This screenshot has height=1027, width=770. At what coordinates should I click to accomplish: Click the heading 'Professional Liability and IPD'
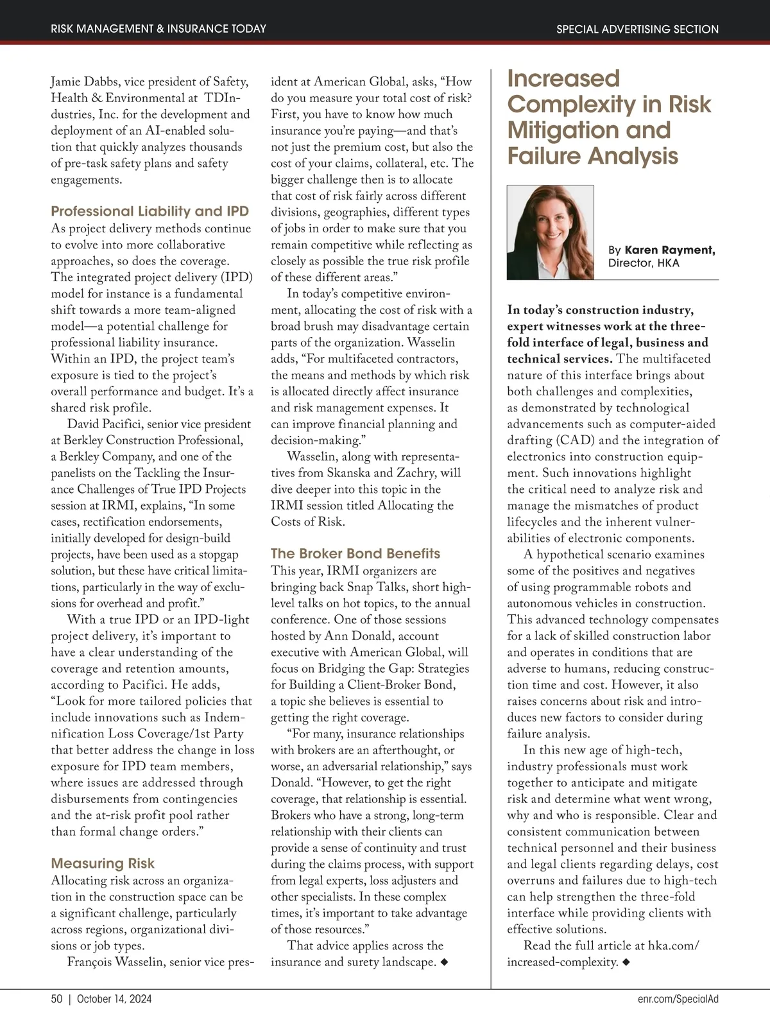pyautogui.click(x=150, y=211)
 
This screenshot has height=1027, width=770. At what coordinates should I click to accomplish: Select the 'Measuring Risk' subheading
pyautogui.click(x=103, y=863)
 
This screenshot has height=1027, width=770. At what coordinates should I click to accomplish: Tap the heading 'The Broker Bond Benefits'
pyautogui.click(x=355, y=553)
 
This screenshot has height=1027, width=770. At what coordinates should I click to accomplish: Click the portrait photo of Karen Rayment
pyautogui.click(x=550, y=232)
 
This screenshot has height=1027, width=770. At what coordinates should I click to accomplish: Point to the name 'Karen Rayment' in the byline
pyautogui.click(x=670, y=250)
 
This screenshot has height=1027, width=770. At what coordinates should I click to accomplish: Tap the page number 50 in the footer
pyautogui.click(x=56, y=999)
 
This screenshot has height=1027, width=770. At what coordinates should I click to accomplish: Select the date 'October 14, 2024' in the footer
pyautogui.click(x=114, y=999)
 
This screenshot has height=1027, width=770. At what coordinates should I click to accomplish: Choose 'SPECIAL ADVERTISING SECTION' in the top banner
pyautogui.click(x=637, y=29)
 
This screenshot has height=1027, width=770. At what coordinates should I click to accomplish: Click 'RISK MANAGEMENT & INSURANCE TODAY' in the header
pyautogui.click(x=158, y=29)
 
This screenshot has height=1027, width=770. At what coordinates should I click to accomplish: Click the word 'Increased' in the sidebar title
pyautogui.click(x=563, y=79)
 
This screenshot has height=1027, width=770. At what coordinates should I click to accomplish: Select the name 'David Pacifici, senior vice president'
pyautogui.click(x=159, y=424)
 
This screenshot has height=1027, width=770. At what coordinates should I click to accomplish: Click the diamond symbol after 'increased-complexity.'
pyautogui.click(x=626, y=962)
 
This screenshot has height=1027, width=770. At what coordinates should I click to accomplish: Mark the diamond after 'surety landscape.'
pyautogui.click(x=443, y=962)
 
